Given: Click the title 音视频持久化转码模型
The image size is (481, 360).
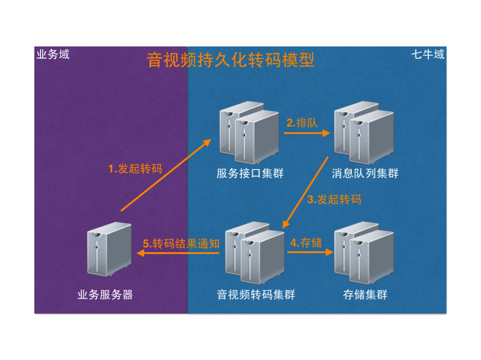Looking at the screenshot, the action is point(230,60).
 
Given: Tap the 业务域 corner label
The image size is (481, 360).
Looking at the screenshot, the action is point(53,54).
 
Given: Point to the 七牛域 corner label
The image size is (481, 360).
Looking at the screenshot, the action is point(428,54).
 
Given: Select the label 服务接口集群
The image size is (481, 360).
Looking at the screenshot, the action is point(250,173).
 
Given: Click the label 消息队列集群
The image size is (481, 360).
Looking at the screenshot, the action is point(365,173).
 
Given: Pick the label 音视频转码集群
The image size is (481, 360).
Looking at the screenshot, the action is point(256,295).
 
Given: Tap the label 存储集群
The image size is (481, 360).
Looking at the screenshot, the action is point(365,295).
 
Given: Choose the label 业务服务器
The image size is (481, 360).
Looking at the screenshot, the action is point(105,295).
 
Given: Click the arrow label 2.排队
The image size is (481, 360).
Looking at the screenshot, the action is point(302,123).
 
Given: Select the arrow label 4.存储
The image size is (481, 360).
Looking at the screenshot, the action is point(306,243).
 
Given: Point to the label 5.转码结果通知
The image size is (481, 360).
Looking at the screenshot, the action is point(181,244).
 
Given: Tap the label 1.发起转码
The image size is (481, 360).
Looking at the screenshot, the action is point(135,169).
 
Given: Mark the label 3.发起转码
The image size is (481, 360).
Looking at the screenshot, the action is point(334,199).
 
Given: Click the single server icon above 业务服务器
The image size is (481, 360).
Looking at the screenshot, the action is point(110,249).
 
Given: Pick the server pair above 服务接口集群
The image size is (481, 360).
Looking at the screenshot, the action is point(249,133).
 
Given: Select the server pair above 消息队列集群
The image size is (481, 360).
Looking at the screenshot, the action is point(364,133).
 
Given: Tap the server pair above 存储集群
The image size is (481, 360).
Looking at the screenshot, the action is point(364,253).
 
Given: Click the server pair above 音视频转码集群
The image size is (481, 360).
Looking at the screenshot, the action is point(255,253).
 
